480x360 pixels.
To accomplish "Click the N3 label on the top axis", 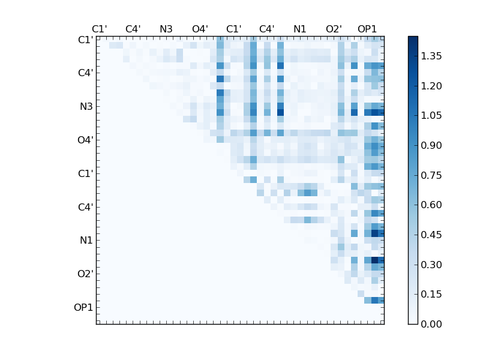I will (x=166, y=29).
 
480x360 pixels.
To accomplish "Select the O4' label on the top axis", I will (x=200, y=29).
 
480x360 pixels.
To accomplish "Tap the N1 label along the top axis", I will (x=300, y=29).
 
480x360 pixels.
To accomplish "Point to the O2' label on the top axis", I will (x=334, y=29).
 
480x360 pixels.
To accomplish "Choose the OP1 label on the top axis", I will (x=367, y=29).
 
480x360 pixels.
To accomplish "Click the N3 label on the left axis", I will (x=86, y=106).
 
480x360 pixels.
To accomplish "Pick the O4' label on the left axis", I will (x=85, y=140).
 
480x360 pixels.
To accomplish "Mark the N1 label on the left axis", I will (x=86, y=240).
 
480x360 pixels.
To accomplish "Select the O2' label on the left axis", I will (x=85, y=274).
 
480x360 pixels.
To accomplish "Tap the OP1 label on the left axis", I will (x=83, y=307).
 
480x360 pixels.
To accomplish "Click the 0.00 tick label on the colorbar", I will (x=432, y=324).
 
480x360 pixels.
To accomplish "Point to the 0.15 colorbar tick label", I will (x=432, y=294).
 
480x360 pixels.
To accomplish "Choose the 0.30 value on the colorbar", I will (x=432, y=265).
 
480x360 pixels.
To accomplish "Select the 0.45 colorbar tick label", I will (x=432, y=235).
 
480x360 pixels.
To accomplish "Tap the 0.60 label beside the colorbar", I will (x=432, y=205).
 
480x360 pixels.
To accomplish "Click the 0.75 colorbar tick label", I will (x=432, y=175).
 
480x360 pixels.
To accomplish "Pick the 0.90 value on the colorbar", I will (x=432, y=145).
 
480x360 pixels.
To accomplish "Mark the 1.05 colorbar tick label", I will (x=432, y=115).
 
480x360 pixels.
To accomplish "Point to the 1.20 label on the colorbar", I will (x=432, y=86).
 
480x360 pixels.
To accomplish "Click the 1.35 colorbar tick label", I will (x=432, y=56).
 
